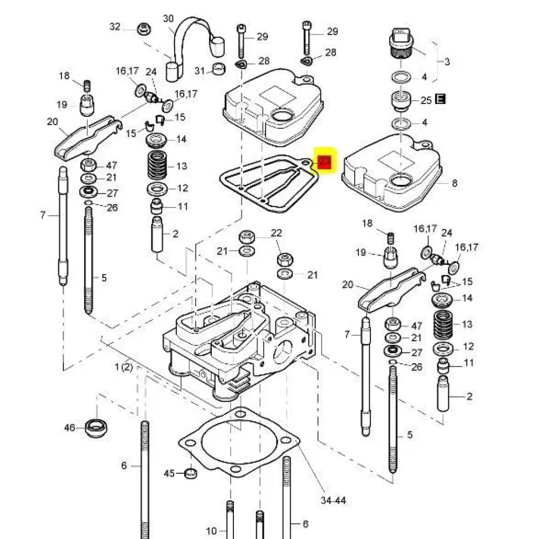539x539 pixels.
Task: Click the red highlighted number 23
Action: click(x=324, y=162)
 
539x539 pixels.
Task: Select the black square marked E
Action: click(x=440, y=100)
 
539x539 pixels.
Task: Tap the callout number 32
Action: click(x=115, y=26)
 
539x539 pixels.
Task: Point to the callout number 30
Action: click(x=168, y=18)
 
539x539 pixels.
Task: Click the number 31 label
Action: click(x=200, y=71)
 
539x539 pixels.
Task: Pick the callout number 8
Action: click(x=454, y=183)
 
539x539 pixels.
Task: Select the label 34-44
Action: click(x=333, y=501)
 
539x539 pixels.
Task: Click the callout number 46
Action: click(x=70, y=428)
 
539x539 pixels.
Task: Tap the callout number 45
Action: click(x=169, y=473)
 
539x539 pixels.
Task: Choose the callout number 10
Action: click(x=211, y=530)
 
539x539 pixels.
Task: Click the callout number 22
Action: click(x=276, y=233)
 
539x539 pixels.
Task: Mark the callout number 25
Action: click(x=426, y=100)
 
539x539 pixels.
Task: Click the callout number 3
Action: click(x=447, y=62)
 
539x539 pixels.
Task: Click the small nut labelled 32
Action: click(x=143, y=29)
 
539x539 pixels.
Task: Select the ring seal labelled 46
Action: click(x=96, y=429)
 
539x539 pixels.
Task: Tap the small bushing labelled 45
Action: click(x=190, y=474)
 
